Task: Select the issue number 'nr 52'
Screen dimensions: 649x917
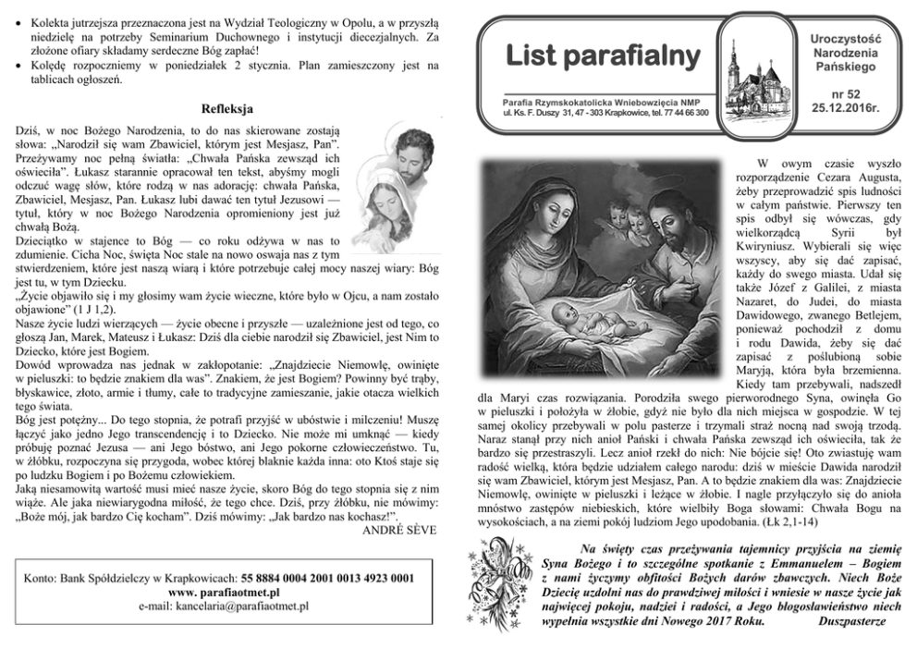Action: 845,94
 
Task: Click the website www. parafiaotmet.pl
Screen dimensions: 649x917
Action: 226,593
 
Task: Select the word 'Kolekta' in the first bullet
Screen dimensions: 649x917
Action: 53,20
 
